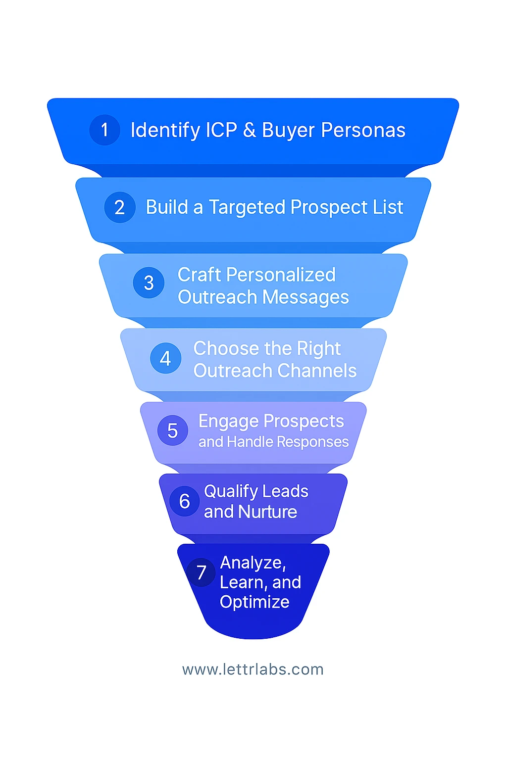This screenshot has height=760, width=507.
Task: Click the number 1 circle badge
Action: tap(104, 130)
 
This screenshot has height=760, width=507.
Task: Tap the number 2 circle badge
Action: tap(120, 207)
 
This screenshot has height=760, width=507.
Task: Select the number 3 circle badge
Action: tap(149, 283)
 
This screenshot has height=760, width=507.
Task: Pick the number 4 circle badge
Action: tap(165, 358)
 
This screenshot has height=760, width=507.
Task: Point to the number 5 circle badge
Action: tap(172, 430)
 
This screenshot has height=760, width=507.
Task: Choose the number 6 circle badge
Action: tap(185, 501)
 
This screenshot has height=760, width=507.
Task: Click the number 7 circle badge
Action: tap(201, 572)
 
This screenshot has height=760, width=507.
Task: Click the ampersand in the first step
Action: tap(250, 130)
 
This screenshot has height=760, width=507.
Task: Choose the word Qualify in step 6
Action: tap(231, 492)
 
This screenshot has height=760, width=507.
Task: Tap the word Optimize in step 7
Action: tap(254, 602)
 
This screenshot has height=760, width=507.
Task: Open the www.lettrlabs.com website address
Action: tap(253, 669)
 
